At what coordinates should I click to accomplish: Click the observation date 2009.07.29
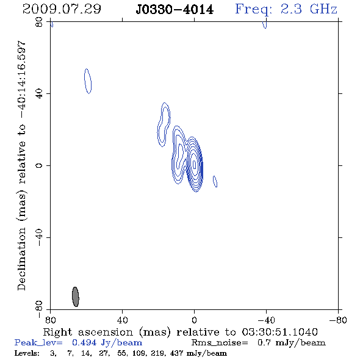[62, 9]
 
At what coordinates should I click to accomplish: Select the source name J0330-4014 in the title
[175, 9]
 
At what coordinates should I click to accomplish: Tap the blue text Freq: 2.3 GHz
[286, 10]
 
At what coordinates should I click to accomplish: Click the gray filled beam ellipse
[76, 297]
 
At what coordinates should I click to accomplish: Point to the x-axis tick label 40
[122, 320]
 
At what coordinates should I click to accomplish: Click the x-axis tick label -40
[266, 320]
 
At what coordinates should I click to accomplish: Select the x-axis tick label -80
[338, 320]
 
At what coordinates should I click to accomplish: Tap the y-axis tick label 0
[39, 165]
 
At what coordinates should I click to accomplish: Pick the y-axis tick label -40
[39, 237]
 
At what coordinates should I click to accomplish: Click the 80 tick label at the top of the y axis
[39, 22]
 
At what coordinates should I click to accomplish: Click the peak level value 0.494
[84, 342]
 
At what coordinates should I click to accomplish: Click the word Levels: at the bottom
[27, 353]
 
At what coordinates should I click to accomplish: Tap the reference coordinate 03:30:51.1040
[279, 332]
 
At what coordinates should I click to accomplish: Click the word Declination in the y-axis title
[21, 259]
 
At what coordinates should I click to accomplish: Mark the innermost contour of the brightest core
[195, 164]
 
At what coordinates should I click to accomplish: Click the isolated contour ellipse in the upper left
[88, 81]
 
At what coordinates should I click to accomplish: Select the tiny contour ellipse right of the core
[215, 181]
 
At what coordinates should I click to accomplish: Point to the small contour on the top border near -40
[265, 25]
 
